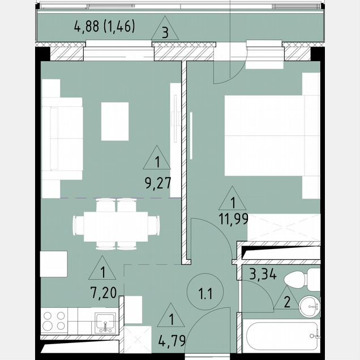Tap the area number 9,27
tap(158, 183)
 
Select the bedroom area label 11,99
tap(233, 219)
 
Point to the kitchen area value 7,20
tap(104, 293)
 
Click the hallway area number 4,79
tap(172, 341)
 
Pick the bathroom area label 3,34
tap(263, 274)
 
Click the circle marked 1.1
tap(205, 292)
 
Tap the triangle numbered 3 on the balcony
tap(165, 28)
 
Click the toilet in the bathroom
tap(301, 279)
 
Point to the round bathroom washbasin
tap(309, 306)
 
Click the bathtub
tap(281, 336)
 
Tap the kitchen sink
tap(105, 323)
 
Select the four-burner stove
tap(54, 321)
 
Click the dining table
tap(115, 226)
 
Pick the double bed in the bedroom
tap(272, 135)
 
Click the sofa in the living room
tap(62, 139)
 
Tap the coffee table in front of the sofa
tap(115, 121)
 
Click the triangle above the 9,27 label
tap(157, 157)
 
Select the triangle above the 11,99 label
tap(232, 198)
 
